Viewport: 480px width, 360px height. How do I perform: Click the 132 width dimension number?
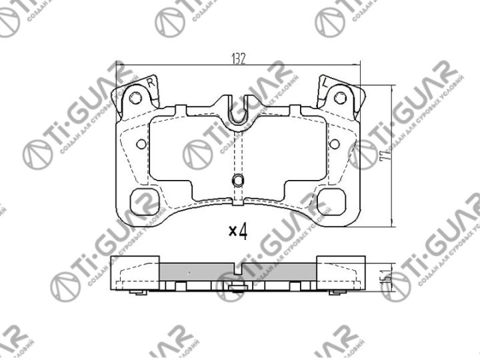click(239, 58)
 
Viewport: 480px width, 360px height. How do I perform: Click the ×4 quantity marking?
click(238, 232)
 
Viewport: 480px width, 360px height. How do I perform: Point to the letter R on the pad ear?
click(151, 83)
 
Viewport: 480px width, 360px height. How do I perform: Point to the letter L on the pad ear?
click(324, 83)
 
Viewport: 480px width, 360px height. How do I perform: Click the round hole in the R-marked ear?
click(136, 98)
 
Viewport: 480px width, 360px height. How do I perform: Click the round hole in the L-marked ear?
click(339, 98)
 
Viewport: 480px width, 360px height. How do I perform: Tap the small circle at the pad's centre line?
click(237, 180)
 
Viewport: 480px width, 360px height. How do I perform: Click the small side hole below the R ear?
click(141, 144)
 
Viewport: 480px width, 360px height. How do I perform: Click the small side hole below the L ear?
click(335, 144)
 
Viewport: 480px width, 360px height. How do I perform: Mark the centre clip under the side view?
click(237, 289)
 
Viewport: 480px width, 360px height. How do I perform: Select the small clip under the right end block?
click(337, 293)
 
